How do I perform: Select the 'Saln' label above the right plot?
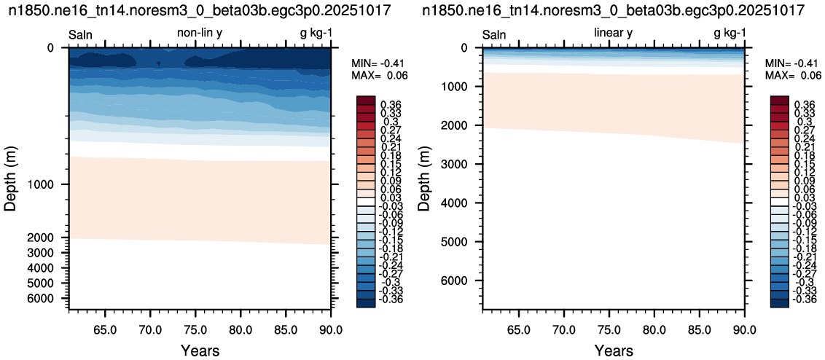(x=495, y=35)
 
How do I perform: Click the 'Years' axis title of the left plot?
(x=200, y=350)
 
